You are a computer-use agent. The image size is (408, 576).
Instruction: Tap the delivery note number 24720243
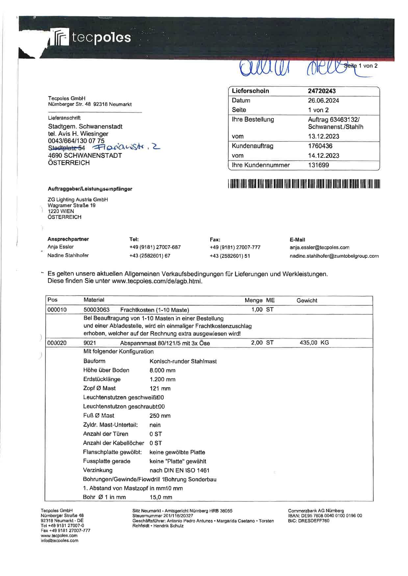click(321, 91)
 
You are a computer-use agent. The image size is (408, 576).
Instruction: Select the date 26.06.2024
click(323, 101)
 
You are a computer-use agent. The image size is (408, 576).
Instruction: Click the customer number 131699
click(318, 165)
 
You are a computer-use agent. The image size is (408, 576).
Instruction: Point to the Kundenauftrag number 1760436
click(320, 146)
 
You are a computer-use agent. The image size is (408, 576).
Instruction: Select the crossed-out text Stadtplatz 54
click(66, 148)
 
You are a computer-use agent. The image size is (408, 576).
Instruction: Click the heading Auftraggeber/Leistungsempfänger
click(90, 189)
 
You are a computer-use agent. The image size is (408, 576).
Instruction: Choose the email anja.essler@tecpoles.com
click(319, 248)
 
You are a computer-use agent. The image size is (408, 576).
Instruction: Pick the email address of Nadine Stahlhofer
click(334, 256)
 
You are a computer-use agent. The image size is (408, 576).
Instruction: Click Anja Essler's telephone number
click(155, 247)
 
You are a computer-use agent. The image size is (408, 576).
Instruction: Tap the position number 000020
click(57, 343)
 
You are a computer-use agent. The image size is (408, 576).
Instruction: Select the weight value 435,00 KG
click(314, 343)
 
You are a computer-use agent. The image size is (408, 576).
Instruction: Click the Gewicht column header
click(307, 300)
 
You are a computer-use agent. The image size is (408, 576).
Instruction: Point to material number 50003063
click(96, 310)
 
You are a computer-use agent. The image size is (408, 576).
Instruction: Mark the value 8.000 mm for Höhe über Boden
click(162, 370)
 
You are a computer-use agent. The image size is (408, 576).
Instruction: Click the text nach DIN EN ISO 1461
click(179, 470)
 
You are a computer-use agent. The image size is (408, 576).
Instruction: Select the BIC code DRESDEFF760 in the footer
click(308, 521)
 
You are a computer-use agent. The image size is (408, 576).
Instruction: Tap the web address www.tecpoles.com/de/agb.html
click(157, 281)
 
